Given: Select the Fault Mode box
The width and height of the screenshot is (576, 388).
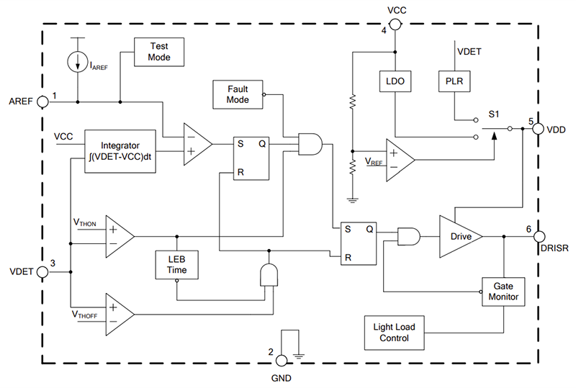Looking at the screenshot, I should click(238, 94).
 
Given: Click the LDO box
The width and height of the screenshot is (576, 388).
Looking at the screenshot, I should click(394, 81).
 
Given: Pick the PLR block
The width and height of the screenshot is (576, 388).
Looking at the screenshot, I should click(454, 81).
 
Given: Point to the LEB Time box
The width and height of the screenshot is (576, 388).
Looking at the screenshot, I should click(176, 264).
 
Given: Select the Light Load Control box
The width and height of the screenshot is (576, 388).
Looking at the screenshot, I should click(394, 333).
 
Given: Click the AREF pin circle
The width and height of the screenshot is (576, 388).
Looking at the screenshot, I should click(43, 101).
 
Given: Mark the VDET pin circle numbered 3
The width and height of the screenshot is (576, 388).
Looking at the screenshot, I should click(43, 272).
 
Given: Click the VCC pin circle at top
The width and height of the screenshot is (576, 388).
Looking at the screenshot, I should click(394, 24).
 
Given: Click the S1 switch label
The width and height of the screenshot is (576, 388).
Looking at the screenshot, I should click(493, 113).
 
